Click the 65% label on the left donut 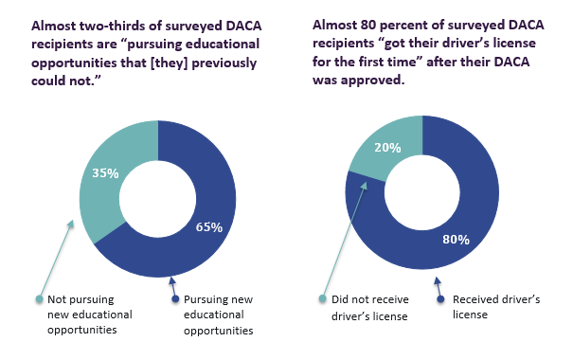(x=208, y=226)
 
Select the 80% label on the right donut (x=456, y=239)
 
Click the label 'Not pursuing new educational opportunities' (x=90, y=315)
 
